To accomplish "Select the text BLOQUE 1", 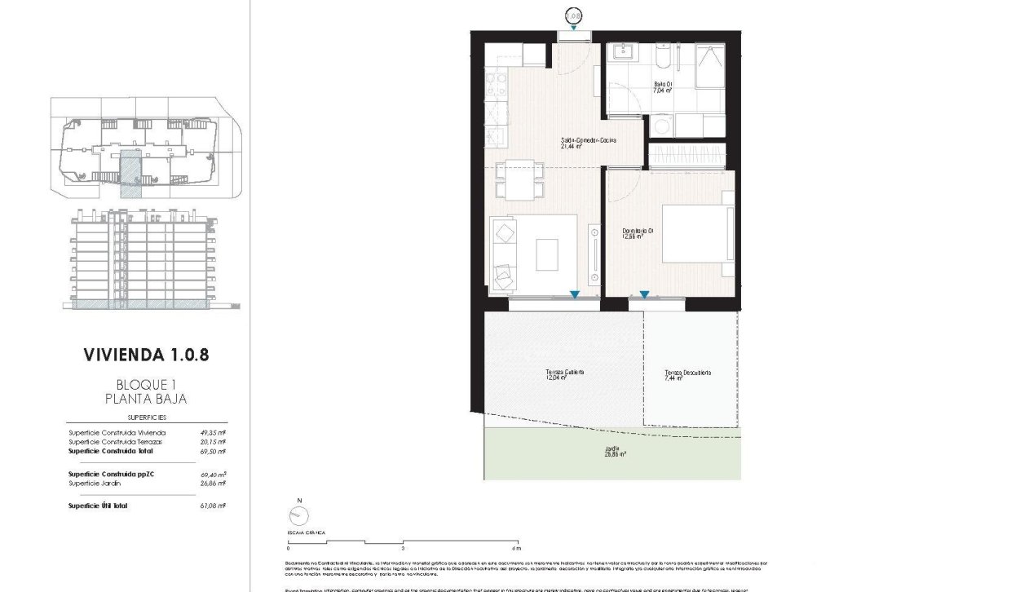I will [147, 385].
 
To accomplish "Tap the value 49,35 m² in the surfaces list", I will [214, 433].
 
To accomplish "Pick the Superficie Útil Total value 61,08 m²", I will [214, 506].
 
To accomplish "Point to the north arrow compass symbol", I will [299, 515].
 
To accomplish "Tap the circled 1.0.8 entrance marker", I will [574, 15].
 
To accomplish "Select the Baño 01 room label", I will [662, 87].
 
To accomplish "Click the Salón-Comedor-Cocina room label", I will [587, 144].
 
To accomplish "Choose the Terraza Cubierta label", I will [565, 375].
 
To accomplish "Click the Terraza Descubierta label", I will [687, 375].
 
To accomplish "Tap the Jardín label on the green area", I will [611, 452].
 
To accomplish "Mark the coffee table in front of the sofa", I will [547, 254].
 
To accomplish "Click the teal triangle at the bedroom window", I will [644, 295].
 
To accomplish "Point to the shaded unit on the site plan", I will [130, 173].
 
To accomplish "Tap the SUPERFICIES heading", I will [147, 416].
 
